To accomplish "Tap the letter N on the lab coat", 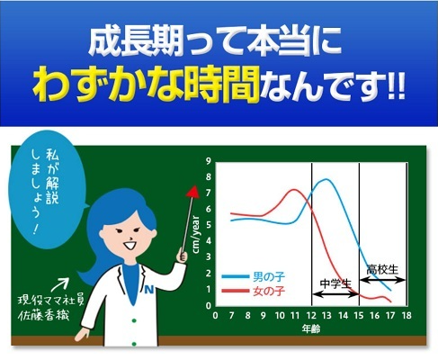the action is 149,290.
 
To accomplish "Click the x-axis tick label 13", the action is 326,316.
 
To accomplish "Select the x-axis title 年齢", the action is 311,328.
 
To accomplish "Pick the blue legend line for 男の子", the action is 236,276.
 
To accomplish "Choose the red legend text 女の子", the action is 269,291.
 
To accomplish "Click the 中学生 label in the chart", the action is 335,283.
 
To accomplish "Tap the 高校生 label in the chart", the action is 382,270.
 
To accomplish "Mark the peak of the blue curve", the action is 326,179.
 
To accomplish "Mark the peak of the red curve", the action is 294,190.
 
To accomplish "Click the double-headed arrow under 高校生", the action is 382,281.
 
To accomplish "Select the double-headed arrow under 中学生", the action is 335,294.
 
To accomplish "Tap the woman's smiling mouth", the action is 130,246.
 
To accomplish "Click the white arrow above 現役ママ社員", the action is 59,284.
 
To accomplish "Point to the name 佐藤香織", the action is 44,316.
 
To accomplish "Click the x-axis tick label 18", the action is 407,316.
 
